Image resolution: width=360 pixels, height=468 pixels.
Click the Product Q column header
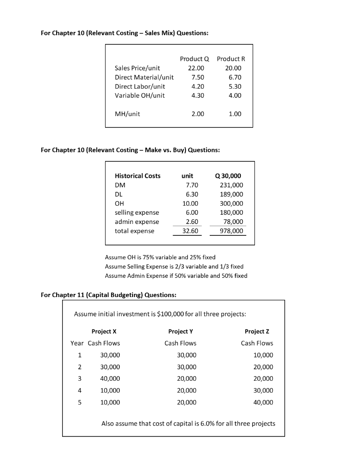coord(194,59)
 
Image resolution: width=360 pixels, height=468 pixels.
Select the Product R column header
coord(231,59)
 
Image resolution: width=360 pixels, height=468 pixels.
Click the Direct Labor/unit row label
coord(140,86)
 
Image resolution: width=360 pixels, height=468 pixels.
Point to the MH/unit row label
coord(127,114)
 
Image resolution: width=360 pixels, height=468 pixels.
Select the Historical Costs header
coord(138,176)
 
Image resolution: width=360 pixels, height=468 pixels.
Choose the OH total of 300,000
coord(232,203)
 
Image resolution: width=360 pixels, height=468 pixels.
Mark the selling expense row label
coord(137,213)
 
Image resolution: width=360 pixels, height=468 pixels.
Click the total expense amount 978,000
coord(232,231)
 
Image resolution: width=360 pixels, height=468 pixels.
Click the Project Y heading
coord(180,331)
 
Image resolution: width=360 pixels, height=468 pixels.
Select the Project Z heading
coord(257,331)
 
